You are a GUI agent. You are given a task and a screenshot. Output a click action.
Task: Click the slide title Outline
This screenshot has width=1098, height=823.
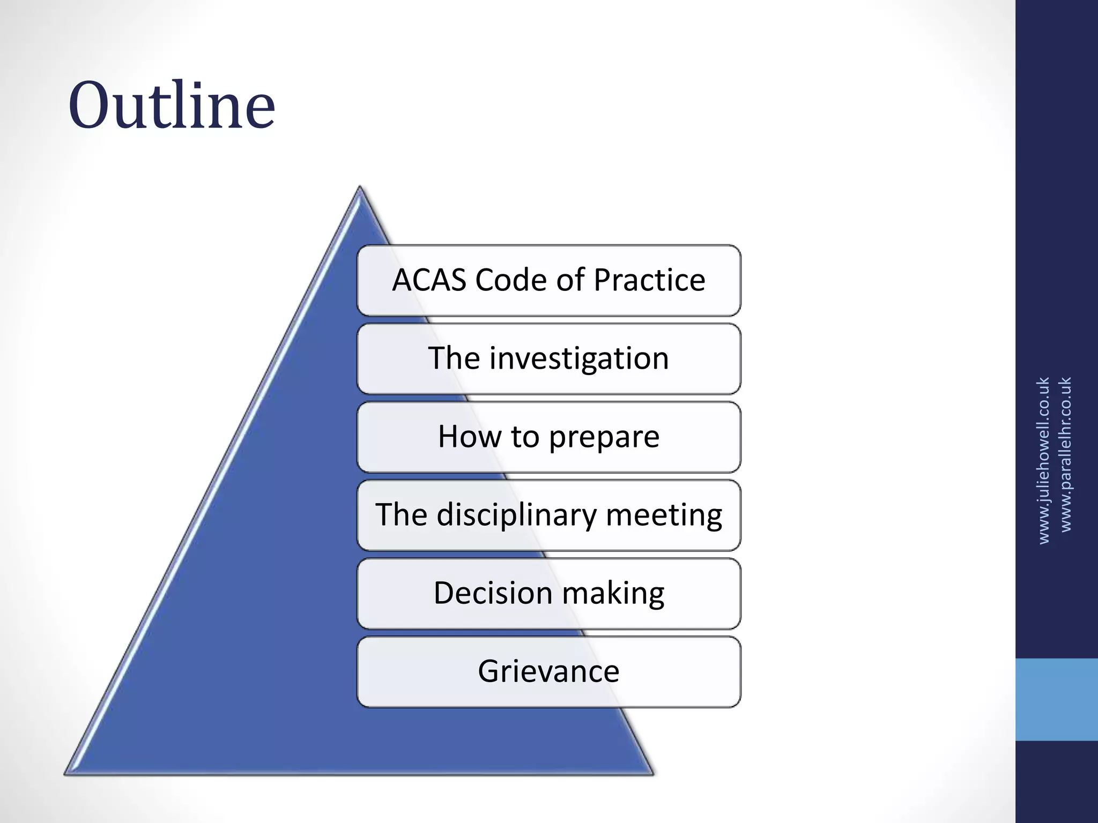click(172, 106)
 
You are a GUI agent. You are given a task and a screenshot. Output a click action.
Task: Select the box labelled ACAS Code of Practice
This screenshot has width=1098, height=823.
click(548, 280)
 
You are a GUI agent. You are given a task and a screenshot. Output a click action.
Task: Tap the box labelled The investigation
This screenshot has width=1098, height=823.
click(548, 358)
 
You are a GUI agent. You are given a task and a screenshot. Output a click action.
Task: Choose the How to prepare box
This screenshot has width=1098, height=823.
click(548, 437)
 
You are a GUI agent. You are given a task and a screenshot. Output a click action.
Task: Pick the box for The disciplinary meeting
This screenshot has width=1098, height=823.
click(548, 515)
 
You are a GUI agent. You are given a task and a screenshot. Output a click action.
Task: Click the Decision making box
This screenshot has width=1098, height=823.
click(548, 593)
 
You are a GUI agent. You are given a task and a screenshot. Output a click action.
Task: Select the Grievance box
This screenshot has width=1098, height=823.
click(548, 671)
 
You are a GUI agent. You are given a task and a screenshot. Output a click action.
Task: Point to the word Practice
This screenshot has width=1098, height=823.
click(649, 280)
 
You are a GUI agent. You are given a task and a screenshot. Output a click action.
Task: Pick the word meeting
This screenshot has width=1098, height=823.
click(664, 515)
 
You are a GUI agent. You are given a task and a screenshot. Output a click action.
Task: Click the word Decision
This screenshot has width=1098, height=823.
click(493, 593)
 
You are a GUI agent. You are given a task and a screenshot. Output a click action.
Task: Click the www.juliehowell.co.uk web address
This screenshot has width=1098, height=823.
click(1043, 460)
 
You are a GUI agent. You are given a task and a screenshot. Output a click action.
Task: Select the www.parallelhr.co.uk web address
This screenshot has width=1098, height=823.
click(1066, 454)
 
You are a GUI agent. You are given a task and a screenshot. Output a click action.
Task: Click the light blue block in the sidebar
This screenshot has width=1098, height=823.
click(1056, 699)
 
